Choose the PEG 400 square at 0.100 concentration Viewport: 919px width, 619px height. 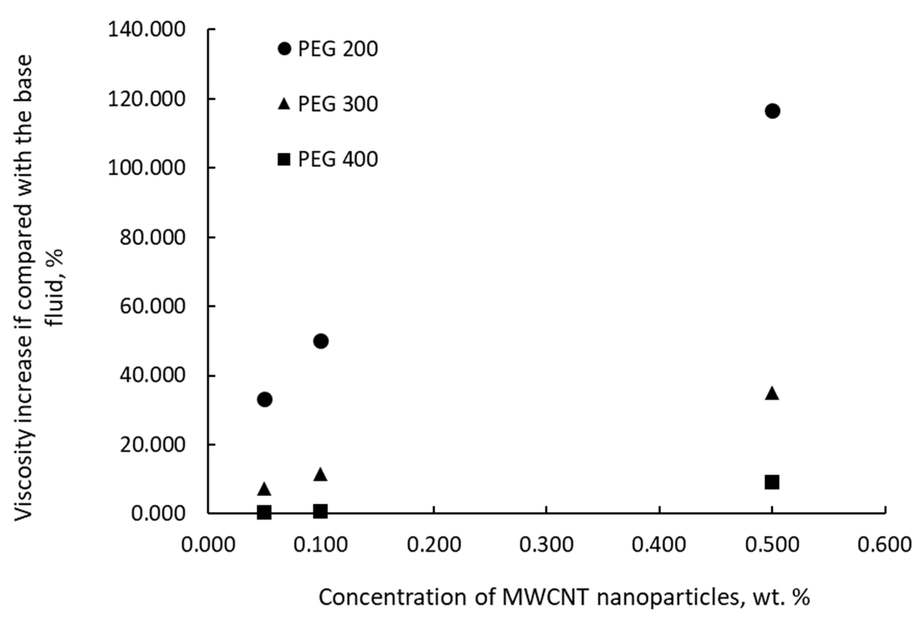(x=321, y=511)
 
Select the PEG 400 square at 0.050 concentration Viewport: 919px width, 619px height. (x=264, y=512)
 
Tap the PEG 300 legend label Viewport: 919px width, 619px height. (x=338, y=105)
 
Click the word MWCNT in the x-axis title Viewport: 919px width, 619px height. (x=546, y=598)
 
